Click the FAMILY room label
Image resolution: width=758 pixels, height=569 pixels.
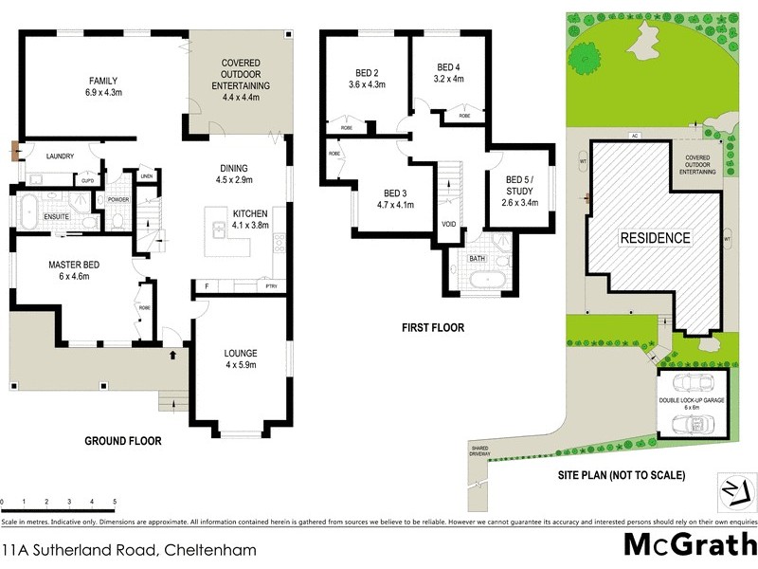103,81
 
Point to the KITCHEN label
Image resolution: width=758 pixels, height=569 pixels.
251,213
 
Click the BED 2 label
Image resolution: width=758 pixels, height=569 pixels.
367,72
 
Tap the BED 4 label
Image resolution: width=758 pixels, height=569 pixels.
448,66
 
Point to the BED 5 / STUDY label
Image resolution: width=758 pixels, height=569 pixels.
519,185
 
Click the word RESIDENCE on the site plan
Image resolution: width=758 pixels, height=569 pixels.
655,237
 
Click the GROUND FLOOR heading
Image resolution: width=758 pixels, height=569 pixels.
122,441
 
